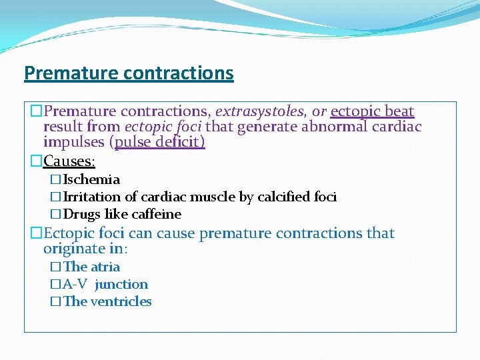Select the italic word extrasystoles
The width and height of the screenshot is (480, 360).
pyautogui.click(x=259, y=111)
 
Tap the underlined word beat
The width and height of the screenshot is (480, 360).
pyautogui.click(x=399, y=111)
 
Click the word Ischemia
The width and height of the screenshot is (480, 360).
pyautogui.click(x=92, y=179)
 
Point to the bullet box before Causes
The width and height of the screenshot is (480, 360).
pyautogui.click(x=37, y=161)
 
